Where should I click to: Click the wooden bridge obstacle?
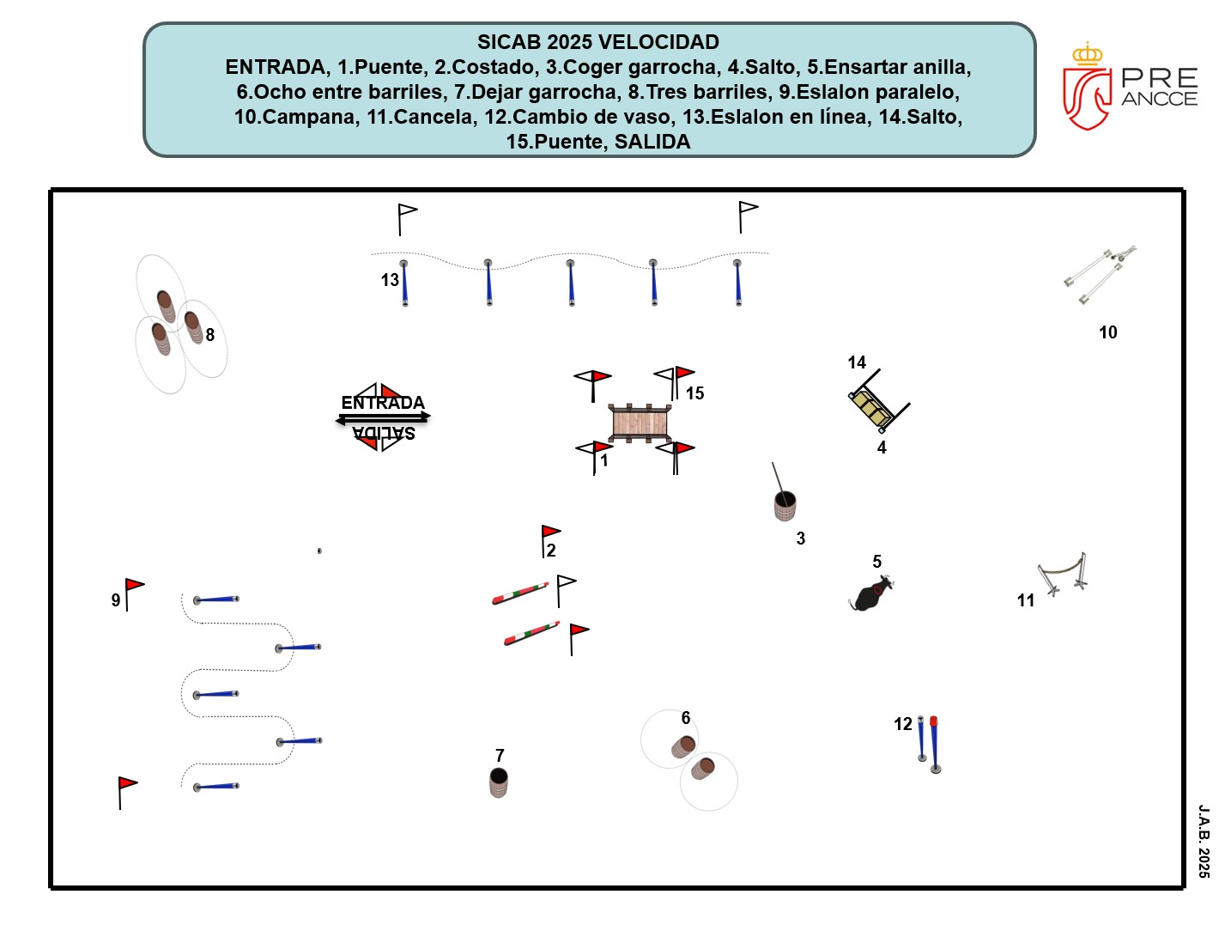[x=640, y=423]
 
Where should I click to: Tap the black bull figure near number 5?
[x=871, y=593]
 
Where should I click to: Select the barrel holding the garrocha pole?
[x=785, y=506]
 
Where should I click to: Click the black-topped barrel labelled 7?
[x=498, y=782]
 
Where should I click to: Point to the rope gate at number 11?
[x=1062, y=573]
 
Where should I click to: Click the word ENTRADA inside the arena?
[x=383, y=403]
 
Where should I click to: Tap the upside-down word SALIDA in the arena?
[x=384, y=433]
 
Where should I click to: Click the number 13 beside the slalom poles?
[x=390, y=279]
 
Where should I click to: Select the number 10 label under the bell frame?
[x=1107, y=332]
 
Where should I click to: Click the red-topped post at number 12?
[x=934, y=745]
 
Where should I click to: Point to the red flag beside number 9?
[x=134, y=586]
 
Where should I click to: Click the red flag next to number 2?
[x=550, y=532]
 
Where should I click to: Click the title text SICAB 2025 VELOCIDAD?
[x=597, y=42]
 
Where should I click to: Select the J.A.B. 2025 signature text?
[x=1204, y=842]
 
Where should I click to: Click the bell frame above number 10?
[x=1100, y=274]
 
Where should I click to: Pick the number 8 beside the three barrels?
[x=209, y=335]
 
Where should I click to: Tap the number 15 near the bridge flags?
[x=694, y=393]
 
